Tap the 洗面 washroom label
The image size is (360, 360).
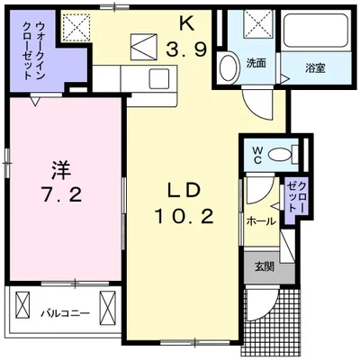pos(255,63)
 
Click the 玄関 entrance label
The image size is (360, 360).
pos(263,265)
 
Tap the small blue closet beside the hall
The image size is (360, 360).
pos(295,195)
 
